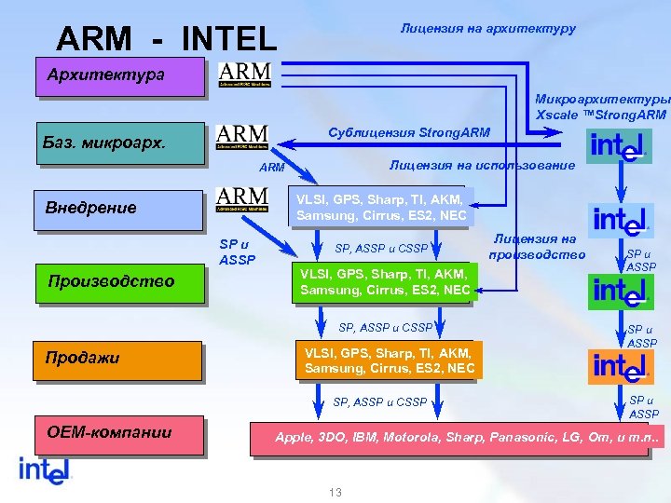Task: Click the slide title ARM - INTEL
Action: (x=167, y=39)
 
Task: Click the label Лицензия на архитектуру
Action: (x=488, y=29)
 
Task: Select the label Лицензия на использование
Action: (x=482, y=165)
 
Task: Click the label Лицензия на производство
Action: (x=537, y=247)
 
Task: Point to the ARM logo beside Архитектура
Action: (x=244, y=75)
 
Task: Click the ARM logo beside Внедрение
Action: (x=241, y=200)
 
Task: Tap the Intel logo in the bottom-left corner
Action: (x=45, y=469)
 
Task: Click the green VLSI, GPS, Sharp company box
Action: (x=385, y=282)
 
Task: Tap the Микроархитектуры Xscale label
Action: (x=602, y=107)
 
